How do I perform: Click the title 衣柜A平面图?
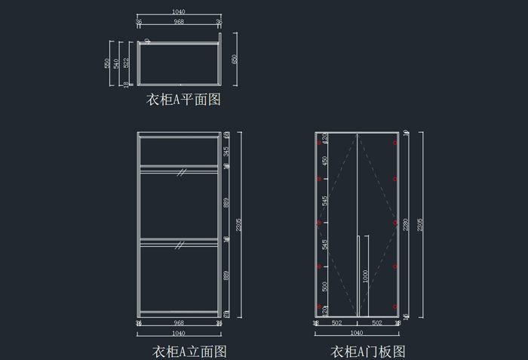click(x=183, y=100)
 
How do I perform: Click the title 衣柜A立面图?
click(x=190, y=351)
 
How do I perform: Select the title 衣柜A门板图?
click(x=368, y=351)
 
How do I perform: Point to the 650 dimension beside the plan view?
click(x=235, y=59)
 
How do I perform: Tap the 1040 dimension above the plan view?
click(x=179, y=12)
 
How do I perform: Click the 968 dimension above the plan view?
click(x=179, y=22)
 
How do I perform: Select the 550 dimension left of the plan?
click(x=107, y=63)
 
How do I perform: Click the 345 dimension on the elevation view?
click(x=226, y=151)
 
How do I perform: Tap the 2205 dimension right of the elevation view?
click(x=239, y=224)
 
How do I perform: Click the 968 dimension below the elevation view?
click(x=179, y=323)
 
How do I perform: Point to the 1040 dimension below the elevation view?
click(x=179, y=333)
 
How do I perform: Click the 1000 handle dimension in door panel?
click(x=366, y=276)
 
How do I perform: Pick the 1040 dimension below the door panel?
click(x=357, y=333)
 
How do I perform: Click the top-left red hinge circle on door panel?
click(x=319, y=142)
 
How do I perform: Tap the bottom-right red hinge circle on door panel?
click(x=394, y=306)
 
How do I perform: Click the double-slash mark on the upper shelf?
click(x=181, y=172)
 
